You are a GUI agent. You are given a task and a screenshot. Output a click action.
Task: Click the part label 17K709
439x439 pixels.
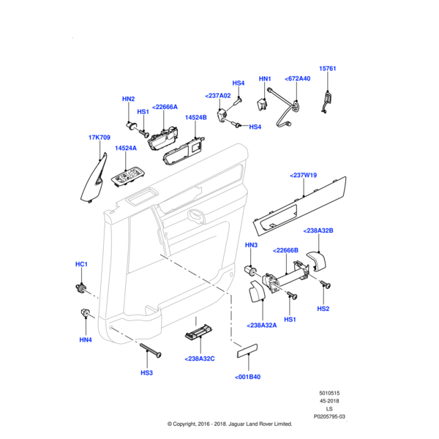coord(100,137)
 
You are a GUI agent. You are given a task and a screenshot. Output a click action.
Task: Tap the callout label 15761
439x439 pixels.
coord(328,68)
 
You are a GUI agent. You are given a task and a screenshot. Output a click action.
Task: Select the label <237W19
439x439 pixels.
coord(303,175)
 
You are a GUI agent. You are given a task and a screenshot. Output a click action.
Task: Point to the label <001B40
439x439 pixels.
coord(247,377)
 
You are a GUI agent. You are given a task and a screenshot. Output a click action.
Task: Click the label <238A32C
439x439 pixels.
coord(200,359)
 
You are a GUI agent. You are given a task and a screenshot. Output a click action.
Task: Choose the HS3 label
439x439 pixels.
coord(147,372)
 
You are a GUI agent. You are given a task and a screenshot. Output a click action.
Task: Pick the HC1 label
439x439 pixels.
coord(81,263)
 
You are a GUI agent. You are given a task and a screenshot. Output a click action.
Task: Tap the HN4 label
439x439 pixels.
coord(86,339)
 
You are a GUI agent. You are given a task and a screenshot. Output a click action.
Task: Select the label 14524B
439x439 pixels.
coord(195,117)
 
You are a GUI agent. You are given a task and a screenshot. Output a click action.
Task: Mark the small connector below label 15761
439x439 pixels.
coord(327,100)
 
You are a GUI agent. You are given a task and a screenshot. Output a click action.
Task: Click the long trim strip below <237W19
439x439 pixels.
coord(299,204)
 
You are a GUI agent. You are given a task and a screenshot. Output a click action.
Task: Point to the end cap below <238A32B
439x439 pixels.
coord(317,261)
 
